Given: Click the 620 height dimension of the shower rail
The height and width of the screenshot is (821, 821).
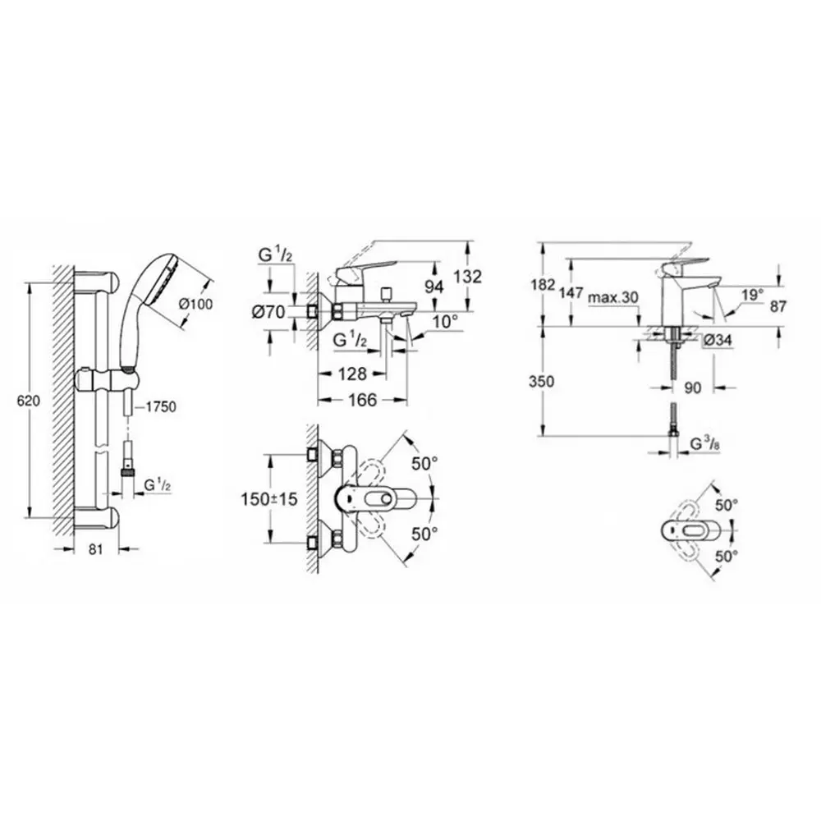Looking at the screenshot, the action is tap(28, 401).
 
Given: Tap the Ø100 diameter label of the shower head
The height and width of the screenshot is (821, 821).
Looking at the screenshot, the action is tap(196, 303).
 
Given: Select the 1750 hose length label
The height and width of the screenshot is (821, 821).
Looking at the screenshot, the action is tap(161, 406).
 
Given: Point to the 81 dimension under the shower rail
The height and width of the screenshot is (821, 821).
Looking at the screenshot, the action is tap(94, 549).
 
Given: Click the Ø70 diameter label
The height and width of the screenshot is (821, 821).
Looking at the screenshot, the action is tap(268, 312).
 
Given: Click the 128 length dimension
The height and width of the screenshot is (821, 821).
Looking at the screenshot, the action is tap(352, 374).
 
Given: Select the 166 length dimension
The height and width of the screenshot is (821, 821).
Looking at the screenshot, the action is tap(363, 400).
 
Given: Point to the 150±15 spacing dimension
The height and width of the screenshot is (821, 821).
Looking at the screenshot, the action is tap(268, 499).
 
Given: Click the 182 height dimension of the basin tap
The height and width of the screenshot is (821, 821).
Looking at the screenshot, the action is tap(543, 286).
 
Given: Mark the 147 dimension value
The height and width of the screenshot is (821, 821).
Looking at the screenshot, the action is tap(571, 293).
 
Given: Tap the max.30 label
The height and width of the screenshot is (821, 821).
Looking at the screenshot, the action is tap(613, 297).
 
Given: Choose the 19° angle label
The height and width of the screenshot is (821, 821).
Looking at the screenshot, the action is tap(752, 296).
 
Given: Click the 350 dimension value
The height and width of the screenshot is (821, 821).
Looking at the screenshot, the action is tap(542, 381).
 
